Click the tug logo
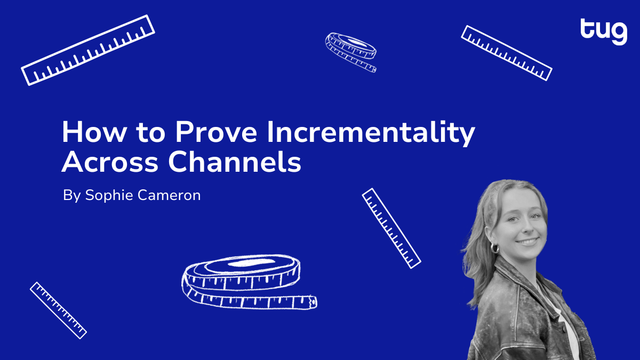click(604, 31)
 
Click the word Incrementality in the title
click(371, 133)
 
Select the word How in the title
click(94, 132)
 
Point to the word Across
click(110, 162)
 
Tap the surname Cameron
click(169, 195)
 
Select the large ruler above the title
click(88, 50)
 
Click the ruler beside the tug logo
click(506, 53)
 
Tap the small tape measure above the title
click(351, 52)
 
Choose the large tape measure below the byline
click(249, 282)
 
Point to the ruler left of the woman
click(391, 228)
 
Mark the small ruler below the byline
click(58, 310)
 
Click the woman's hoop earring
click(494, 247)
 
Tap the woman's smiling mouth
click(527, 242)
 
